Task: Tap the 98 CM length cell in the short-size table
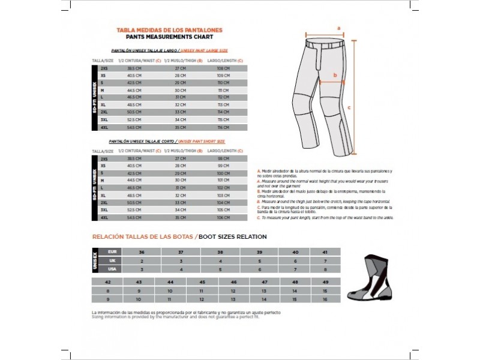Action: point(223,158)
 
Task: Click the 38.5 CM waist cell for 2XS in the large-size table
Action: point(134,69)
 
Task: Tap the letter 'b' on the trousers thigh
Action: point(335,76)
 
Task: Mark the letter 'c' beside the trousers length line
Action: point(349,108)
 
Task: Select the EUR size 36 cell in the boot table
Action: point(142,252)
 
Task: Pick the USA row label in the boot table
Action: point(112,269)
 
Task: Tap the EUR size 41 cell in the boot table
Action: point(325,252)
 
